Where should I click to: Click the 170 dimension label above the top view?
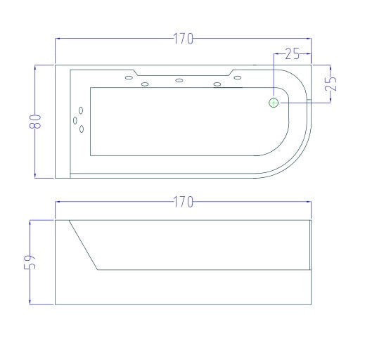tap(184, 39)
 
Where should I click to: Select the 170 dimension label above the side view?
tap(184, 202)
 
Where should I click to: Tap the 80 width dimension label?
tap(35, 122)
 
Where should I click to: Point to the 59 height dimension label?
tap(30, 262)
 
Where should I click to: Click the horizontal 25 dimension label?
tap(293, 54)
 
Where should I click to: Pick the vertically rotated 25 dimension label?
tap(331, 84)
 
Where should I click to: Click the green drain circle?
tap(274, 103)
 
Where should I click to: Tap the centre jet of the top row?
tap(179, 80)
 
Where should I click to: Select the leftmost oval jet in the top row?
tap(129, 77)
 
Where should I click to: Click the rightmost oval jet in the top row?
tap(238, 77)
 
